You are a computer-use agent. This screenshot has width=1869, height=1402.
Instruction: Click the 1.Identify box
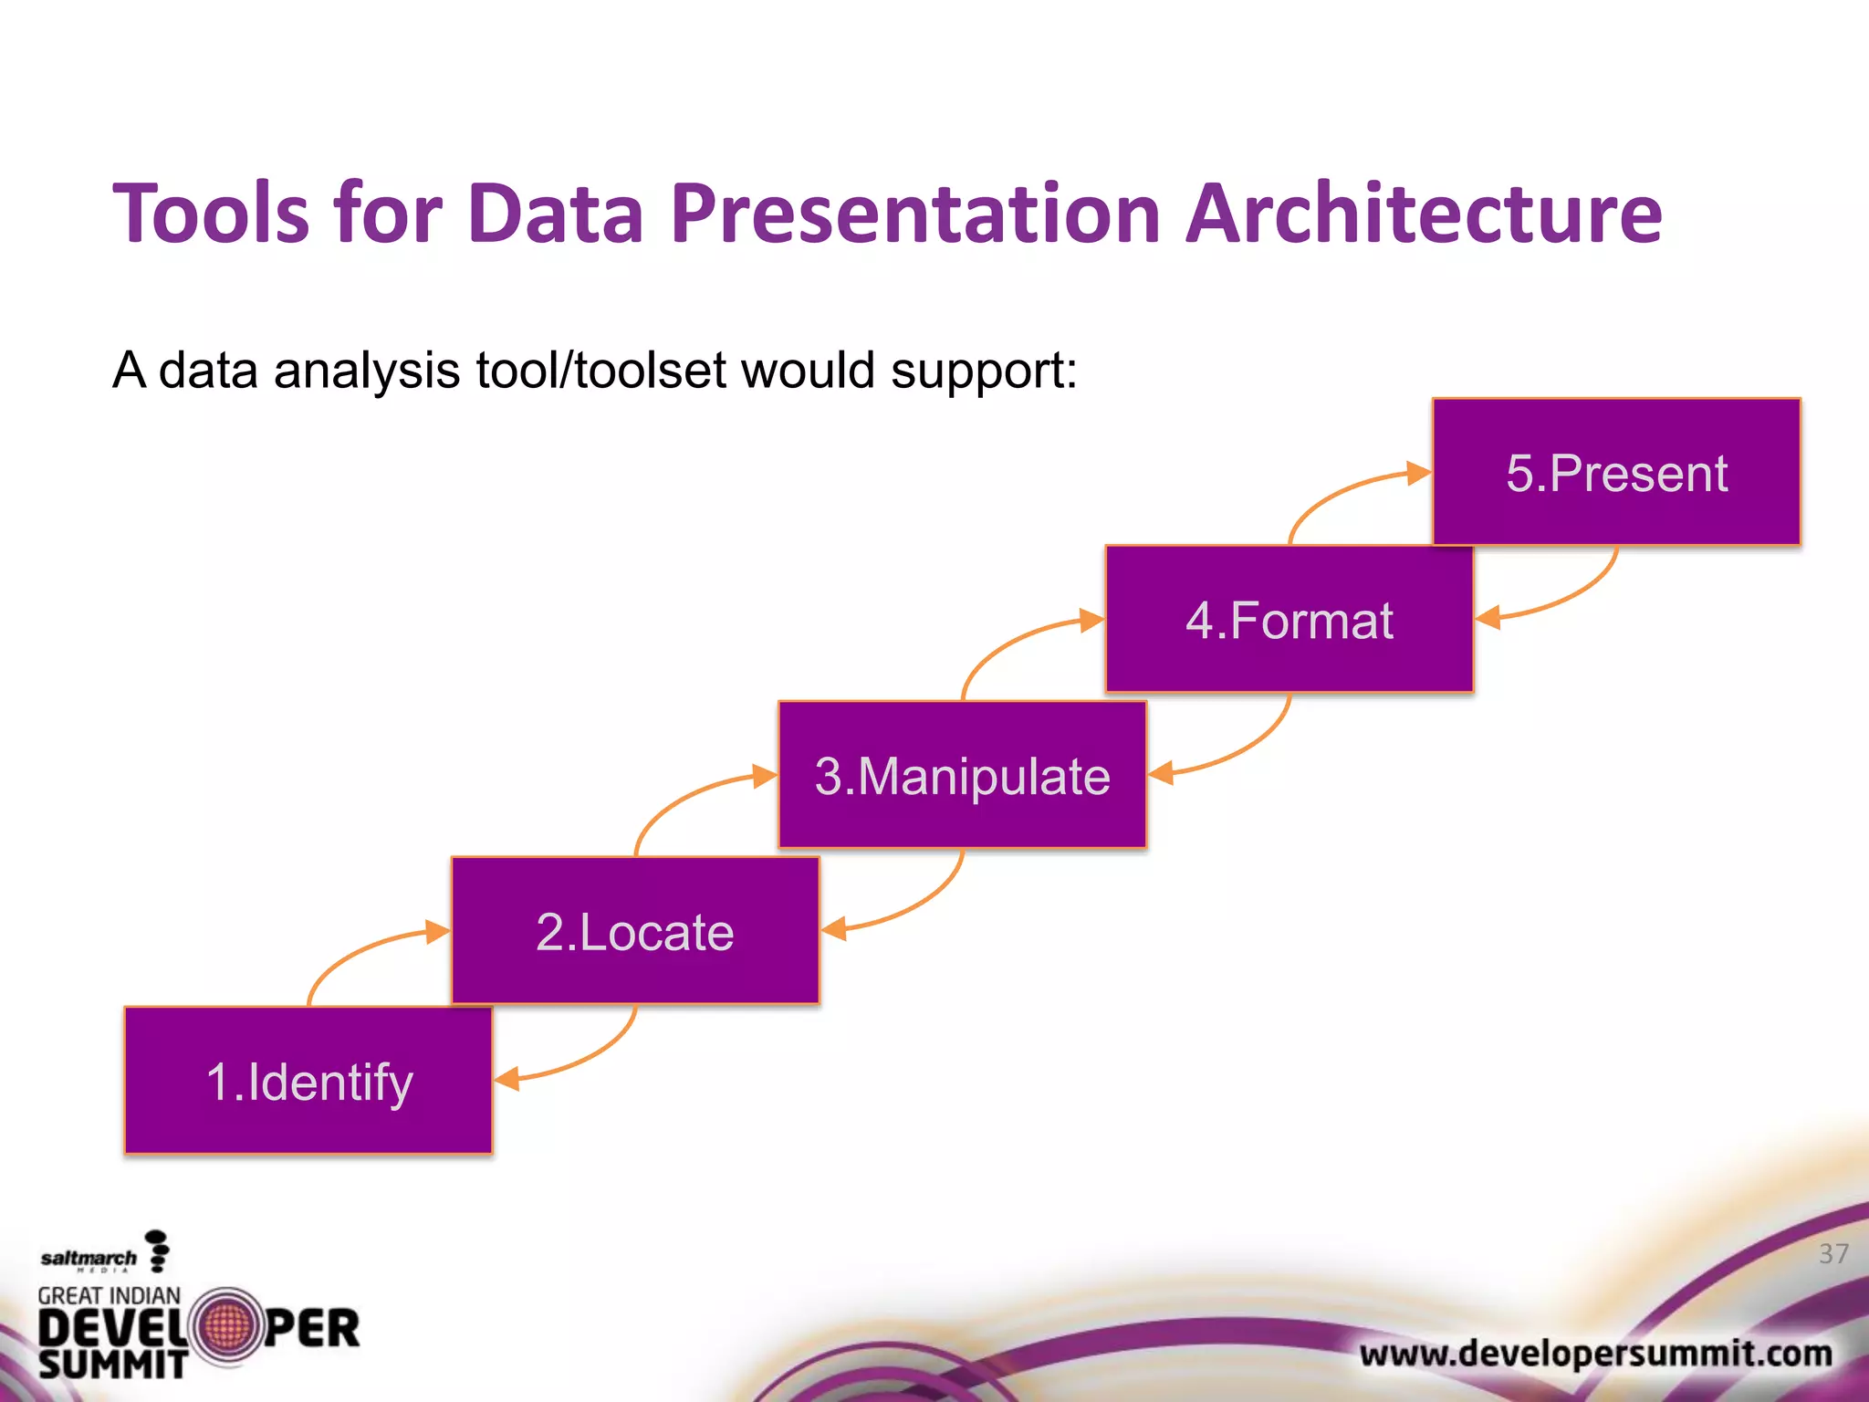click(x=308, y=1081)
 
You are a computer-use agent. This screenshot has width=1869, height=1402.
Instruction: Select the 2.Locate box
click(x=635, y=931)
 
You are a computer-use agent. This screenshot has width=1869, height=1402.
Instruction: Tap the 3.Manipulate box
click(x=962, y=775)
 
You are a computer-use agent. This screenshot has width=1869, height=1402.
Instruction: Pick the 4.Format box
click(x=1289, y=620)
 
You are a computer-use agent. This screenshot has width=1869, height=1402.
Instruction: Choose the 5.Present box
click(x=1616, y=472)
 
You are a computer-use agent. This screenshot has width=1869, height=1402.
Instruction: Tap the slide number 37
click(x=1833, y=1253)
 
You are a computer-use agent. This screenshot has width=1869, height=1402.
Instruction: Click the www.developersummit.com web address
click(x=1595, y=1353)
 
